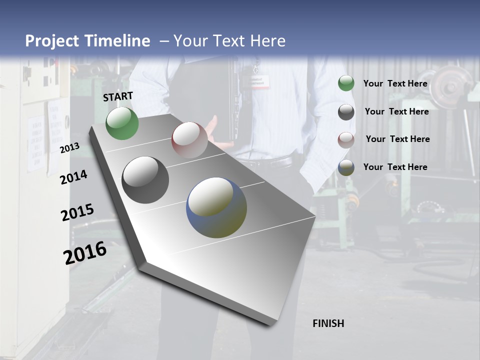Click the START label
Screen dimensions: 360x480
point(118,96)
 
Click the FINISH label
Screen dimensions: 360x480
point(328,323)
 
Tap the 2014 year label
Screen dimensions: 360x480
point(73,177)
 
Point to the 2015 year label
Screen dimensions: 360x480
point(77,212)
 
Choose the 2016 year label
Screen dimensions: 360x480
point(85,253)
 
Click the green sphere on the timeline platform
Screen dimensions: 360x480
point(122,123)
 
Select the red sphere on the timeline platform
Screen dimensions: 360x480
point(189,140)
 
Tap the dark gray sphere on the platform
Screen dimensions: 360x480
point(145,180)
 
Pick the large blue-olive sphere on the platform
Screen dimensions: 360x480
point(216,207)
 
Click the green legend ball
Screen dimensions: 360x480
point(346,83)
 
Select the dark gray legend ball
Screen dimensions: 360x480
point(346,112)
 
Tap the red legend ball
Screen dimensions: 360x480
point(346,140)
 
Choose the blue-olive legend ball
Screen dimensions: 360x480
point(346,167)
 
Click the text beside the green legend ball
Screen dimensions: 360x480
point(395,83)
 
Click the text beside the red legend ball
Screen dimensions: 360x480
point(397,139)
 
